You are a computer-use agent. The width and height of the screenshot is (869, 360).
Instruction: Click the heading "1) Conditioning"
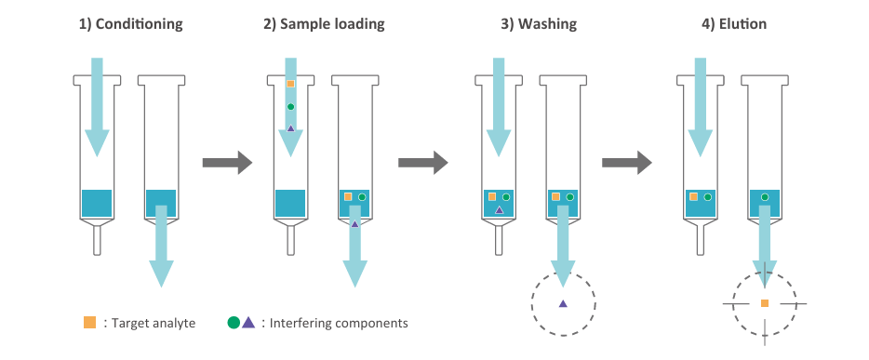[x=130, y=24]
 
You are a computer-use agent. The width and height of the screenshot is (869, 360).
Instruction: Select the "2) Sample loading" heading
[x=324, y=24]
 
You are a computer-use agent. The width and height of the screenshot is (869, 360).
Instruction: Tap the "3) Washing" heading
[x=539, y=24]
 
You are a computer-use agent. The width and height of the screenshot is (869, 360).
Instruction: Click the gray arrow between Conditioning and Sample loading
[x=227, y=162]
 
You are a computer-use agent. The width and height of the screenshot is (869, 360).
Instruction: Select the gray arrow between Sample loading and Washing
[x=422, y=162]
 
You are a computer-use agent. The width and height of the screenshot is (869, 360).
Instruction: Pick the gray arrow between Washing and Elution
[x=627, y=162]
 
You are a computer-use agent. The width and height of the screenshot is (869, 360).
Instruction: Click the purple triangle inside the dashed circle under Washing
[x=563, y=303]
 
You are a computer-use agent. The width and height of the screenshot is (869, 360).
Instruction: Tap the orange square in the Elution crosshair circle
[x=765, y=303]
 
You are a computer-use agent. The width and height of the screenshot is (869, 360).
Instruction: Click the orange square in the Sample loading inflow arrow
[x=290, y=84]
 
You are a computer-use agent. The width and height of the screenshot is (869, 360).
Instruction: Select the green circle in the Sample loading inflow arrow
[x=290, y=106]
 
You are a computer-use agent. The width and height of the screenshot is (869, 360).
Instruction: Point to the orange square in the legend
[x=89, y=323]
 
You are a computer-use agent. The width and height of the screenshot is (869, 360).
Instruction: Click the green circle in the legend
[x=234, y=323]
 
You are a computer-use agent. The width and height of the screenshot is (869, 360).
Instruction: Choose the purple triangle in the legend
[x=248, y=322]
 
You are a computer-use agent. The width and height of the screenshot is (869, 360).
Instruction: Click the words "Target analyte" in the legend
[x=154, y=323]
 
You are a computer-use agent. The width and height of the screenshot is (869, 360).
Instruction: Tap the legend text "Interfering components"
[x=339, y=323]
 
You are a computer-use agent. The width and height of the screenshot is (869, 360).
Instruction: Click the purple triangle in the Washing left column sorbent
[x=499, y=209]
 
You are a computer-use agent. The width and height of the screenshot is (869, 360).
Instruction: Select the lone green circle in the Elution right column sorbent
[x=765, y=196]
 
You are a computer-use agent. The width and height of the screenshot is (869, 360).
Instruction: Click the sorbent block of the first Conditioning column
[x=97, y=204]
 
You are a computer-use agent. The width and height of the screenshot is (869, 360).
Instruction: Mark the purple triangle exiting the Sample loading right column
[x=354, y=223]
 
